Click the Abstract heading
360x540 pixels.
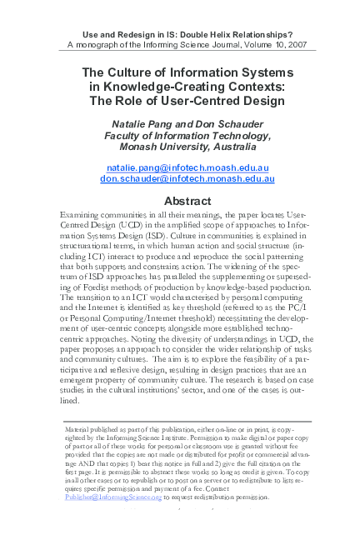(x=180, y=201)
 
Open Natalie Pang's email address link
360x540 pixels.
(x=180, y=167)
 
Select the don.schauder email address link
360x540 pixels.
(x=180, y=178)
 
